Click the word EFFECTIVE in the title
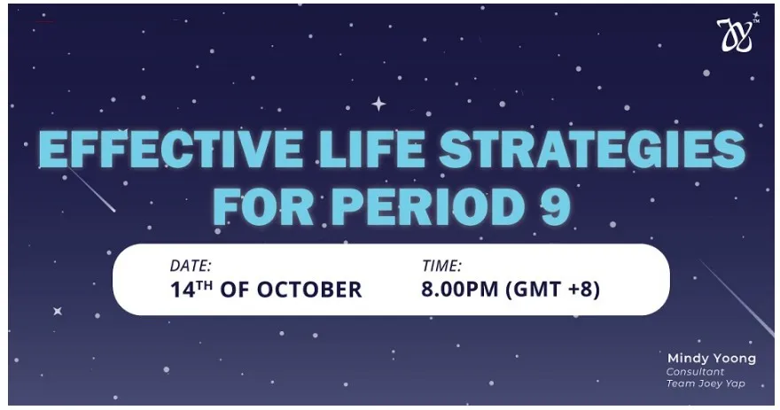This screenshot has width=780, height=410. coord(170,149)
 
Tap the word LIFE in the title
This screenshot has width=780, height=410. coord(371,149)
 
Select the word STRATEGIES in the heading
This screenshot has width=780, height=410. coord(592,149)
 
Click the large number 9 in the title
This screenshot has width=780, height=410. coord(555,206)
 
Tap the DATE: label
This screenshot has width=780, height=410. coord(191,266)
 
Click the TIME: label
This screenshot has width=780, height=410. coord(441,266)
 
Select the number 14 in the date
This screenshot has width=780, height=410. coord(183,290)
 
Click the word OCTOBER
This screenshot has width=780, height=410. coord(309,290)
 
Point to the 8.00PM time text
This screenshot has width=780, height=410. coord(460,290)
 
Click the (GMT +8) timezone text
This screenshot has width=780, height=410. coord(553,290)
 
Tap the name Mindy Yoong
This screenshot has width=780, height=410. coord(712,359)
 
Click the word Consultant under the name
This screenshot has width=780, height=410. coord(695,372)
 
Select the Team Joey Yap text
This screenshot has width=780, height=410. coord(706,383)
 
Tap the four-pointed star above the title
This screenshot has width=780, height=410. coord(378,104)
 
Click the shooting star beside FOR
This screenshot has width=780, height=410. coord(91,190)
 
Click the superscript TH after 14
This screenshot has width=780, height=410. coord(205,285)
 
